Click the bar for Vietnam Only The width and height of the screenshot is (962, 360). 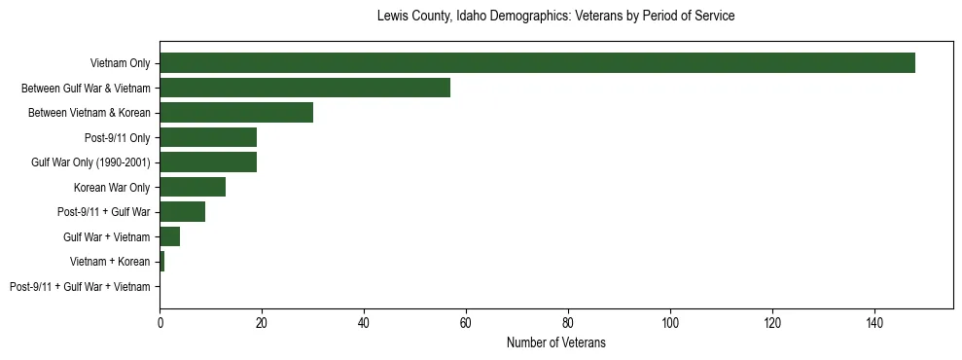coord(537,63)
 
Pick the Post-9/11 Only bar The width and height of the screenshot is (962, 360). coord(208,137)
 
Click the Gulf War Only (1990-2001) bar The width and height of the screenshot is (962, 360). coord(208,162)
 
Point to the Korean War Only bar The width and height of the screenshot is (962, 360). coord(193,187)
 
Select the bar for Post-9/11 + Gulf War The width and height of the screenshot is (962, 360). coord(182,212)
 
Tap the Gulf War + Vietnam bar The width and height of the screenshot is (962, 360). coord(169,236)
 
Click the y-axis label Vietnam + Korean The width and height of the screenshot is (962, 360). coord(110,262)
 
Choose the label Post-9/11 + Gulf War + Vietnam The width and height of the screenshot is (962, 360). coord(80,287)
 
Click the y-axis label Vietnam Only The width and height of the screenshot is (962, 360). coord(120,63)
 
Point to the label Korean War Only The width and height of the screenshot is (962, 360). coord(112,187)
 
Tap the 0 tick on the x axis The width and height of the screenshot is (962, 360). coord(160,322)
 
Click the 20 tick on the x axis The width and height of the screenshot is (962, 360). coord(262,322)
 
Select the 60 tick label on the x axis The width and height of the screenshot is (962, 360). coord(466,322)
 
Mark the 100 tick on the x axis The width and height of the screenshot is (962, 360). coord(670,322)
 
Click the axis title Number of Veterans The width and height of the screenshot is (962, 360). coord(555,342)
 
